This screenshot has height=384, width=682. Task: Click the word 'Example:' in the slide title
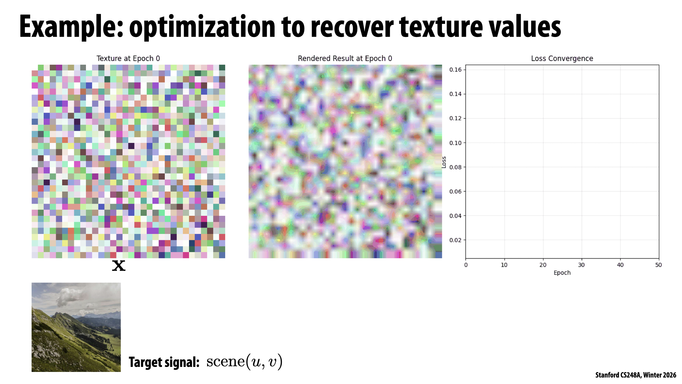pos(71,27)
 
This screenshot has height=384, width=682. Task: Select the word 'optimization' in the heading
pos(202,27)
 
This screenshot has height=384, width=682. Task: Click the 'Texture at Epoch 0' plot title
pos(128,58)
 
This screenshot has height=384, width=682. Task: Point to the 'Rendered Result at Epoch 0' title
pos(345,58)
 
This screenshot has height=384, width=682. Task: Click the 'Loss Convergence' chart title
pos(562,58)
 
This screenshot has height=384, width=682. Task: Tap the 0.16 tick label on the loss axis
pos(455,70)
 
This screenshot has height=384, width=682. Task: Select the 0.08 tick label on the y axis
pos(455,167)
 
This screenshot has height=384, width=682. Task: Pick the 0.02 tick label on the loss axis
pos(455,240)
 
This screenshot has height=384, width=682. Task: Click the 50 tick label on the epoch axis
pos(659,265)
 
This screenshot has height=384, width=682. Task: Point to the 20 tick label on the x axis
pos(543,265)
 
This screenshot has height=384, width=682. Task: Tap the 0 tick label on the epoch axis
pos(466,265)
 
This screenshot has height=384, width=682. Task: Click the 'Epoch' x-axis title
pos(562,273)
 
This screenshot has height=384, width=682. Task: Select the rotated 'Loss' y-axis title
pos(444,162)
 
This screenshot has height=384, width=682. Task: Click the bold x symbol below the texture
pos(119,266)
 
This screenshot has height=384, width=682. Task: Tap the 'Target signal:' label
pos(164,362)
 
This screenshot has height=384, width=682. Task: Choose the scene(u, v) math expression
pos(244,362)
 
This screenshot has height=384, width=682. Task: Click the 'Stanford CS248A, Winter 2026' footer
pos(635,375)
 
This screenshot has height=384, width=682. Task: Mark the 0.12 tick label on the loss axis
pos(455,118)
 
